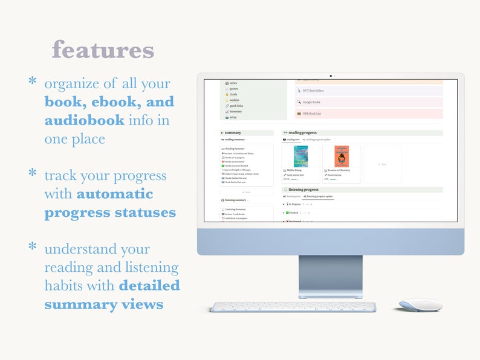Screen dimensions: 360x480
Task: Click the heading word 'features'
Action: (x=103, y=50)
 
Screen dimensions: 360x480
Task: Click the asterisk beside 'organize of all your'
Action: (x=33, y=81)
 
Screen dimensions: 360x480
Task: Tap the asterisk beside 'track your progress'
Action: (x=33, y=173)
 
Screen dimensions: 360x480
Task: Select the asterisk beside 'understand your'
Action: (x=33, y=246)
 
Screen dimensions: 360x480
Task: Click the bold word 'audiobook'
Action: (x=84, y=120)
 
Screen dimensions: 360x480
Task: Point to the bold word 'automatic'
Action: (x=115, y=194)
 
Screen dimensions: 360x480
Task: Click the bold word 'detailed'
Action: (x=149, y=286)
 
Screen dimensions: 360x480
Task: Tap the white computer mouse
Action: (x=420, y=305)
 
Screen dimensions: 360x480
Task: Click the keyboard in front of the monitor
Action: (x=293, y=307)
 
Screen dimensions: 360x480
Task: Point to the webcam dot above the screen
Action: (x=330, y=76)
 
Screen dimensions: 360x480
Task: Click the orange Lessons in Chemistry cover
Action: (x=342, y=156)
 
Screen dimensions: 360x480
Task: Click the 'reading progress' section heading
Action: (x=302, y=132)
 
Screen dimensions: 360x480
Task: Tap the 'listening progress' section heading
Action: (x=303, y=189)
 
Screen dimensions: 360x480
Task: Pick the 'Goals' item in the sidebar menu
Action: (x=233, y=94)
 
